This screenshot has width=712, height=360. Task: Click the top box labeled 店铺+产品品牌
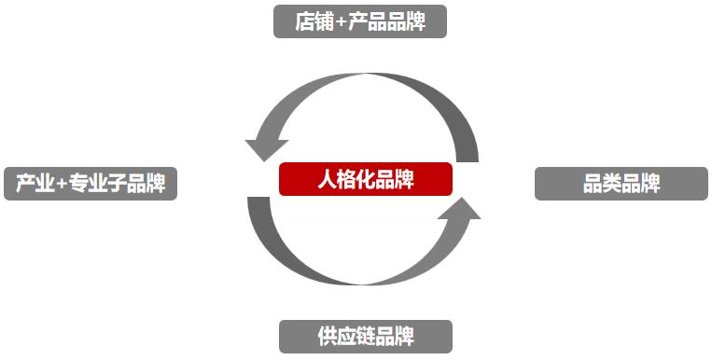tap(360, 21)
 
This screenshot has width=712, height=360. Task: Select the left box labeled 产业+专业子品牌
tap(91, 184)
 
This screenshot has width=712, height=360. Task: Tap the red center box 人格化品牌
tap(366, 179)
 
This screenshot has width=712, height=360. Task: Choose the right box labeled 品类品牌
tap(621, 184)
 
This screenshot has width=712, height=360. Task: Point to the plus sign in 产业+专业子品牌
tap(63, 185)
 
